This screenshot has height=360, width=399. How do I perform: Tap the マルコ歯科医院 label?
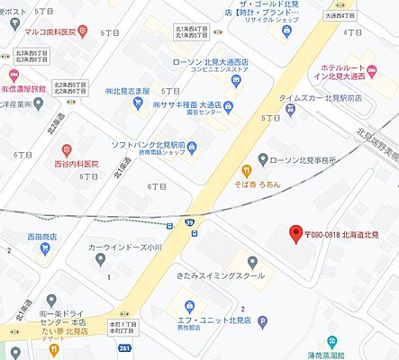(x=50, y=31)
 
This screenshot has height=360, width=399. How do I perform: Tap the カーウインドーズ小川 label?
(x=125, y=247)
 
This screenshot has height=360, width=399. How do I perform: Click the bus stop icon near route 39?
(x=195, y=233)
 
